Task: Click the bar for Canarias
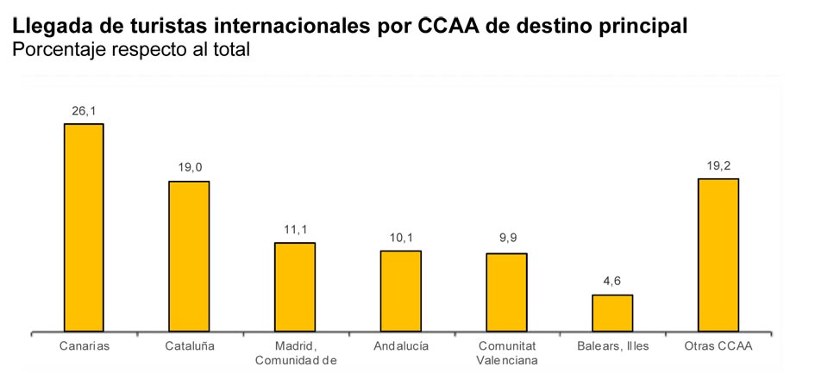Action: coord(84,227)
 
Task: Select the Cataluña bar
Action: coord(189,256)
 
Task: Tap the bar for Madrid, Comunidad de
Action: coord(295,287)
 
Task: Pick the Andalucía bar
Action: coord(401,291)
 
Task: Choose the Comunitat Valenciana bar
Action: coord(506,292)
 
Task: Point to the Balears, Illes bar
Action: coord(612,313)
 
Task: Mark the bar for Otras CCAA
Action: coord(718,255)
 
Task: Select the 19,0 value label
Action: coord(190,167)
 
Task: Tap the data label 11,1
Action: coord(296,229)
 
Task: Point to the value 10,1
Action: coord(401,237)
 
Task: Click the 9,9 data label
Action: coord(507,239)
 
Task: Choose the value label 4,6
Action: coord(612,281)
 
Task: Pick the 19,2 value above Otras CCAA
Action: coord(718,165)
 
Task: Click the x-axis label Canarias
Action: coord(84,346)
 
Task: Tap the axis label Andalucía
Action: coord(401,346)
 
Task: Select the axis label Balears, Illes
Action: coord(612,346)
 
